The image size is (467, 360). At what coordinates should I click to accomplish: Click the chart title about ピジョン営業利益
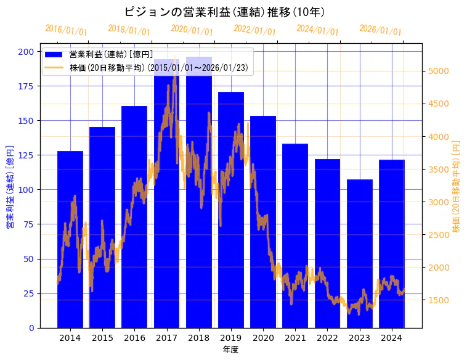(225, 12)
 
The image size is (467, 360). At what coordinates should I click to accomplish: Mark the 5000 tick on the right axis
(438, 71)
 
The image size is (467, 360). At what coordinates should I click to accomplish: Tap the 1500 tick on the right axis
(438, 300)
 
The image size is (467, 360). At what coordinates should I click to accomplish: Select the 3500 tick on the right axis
(438, 170)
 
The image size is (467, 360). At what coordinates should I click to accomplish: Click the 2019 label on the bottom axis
(231, 338)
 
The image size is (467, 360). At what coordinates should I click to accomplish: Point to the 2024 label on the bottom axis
(392, 338)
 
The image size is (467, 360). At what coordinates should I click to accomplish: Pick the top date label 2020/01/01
(192, 30)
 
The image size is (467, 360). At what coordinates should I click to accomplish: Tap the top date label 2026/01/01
(380, 30)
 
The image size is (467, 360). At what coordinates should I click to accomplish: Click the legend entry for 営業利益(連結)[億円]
(111, 55)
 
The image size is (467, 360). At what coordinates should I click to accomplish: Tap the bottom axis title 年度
(230, 350)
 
